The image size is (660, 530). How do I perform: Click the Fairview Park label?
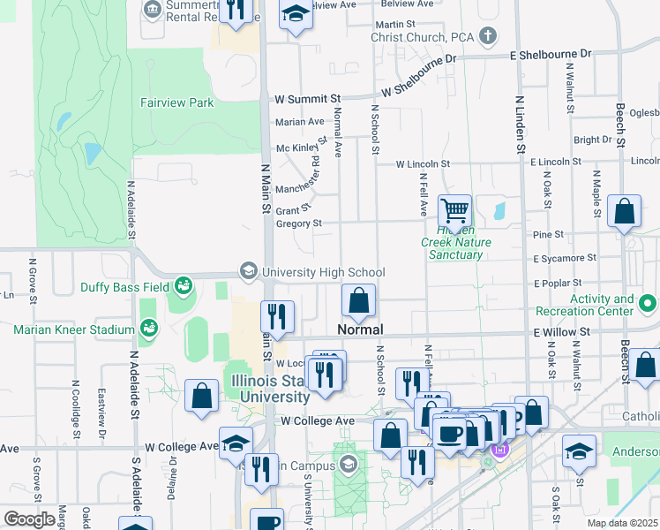tap(176, 102)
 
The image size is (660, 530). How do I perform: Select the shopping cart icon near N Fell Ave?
tap(455, 212)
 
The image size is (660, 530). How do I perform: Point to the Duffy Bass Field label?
tap(124, 286)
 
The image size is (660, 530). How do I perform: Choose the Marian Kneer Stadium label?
tap(74, 330)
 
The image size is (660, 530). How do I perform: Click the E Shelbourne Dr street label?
tap(551, 55)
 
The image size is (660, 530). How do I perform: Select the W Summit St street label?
tap(307, 99)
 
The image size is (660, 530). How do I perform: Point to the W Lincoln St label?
tap(423, 164)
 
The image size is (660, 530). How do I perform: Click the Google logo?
tap(30, 519)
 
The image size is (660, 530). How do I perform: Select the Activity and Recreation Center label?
tap(602, 306)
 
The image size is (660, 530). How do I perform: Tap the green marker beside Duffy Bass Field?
tap(184, 284)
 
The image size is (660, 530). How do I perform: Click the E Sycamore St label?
tap(564, 259)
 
